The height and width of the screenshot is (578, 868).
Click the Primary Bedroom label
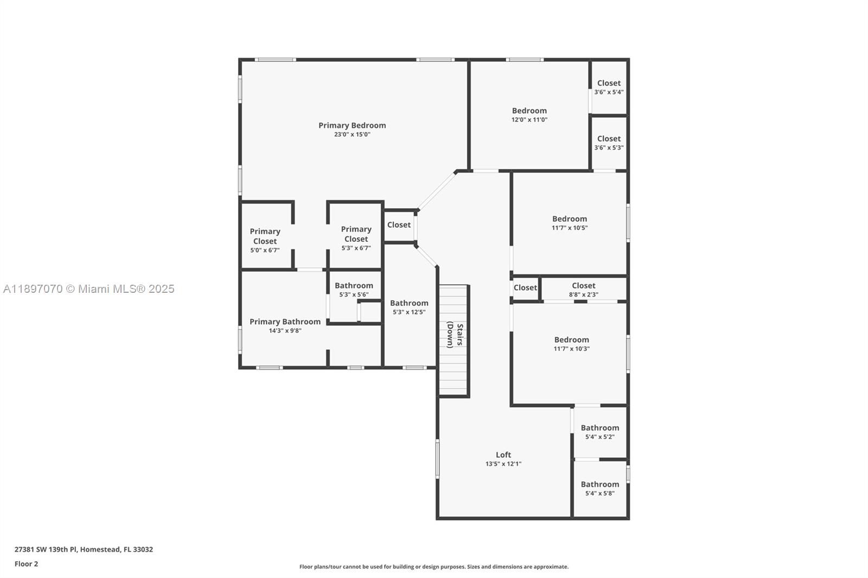tap(352, 125)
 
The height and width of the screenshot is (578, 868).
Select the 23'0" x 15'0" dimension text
tap(352, 134)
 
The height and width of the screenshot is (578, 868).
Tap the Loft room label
tap(503, 455)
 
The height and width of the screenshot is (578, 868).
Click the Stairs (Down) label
tap(455, 335)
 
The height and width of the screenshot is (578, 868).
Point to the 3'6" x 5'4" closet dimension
tap(609, 92)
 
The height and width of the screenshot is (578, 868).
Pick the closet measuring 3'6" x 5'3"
tap(609, 143)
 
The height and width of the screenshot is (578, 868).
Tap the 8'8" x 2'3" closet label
tap(584, 290)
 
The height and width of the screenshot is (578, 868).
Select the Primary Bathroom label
tap(285, 322)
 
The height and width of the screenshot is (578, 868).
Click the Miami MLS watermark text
tap(89, 289)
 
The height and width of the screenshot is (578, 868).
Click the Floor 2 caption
tap(26, 564)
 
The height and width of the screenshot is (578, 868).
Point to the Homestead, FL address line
tap(84, 549)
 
